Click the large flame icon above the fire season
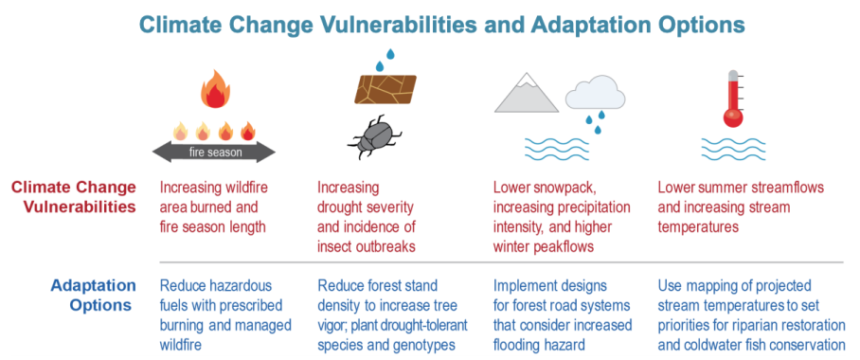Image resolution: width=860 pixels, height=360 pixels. tap(215, 92)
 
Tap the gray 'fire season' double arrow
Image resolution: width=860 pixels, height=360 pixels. tap(214, 152)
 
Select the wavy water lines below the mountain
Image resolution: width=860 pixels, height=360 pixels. tap(557, 150)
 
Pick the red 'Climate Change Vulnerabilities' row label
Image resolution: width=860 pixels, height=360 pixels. tap(74, 197)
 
